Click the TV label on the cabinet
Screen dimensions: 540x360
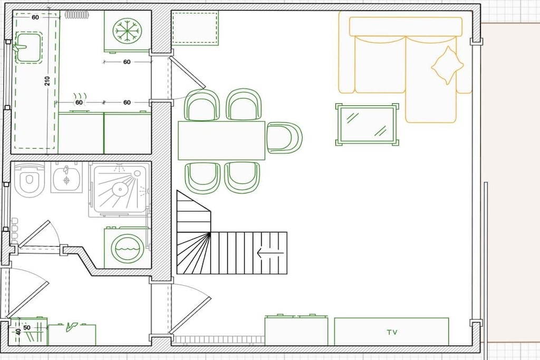[392, 332]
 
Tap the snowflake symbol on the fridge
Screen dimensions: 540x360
[127, 31]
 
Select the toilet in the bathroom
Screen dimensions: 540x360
[30, 181]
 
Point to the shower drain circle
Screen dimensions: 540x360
[120, 189]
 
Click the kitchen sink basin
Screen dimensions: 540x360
[29, 47]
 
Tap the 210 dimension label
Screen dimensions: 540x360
[47, 81]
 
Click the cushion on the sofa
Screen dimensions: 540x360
[447, 65]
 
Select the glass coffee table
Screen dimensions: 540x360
[368, 124]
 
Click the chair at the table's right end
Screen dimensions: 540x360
[284, 138]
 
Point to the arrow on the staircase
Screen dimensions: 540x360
[270, 253]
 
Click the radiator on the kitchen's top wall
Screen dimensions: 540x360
[77, 14]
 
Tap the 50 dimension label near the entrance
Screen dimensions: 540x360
[27, 327]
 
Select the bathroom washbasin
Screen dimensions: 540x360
[66, 178]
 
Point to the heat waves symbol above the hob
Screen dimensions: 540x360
[80, 96]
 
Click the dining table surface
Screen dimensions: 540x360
[221, 140]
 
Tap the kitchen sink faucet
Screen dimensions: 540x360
[18, 47]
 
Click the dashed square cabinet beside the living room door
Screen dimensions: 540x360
[195, 28]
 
